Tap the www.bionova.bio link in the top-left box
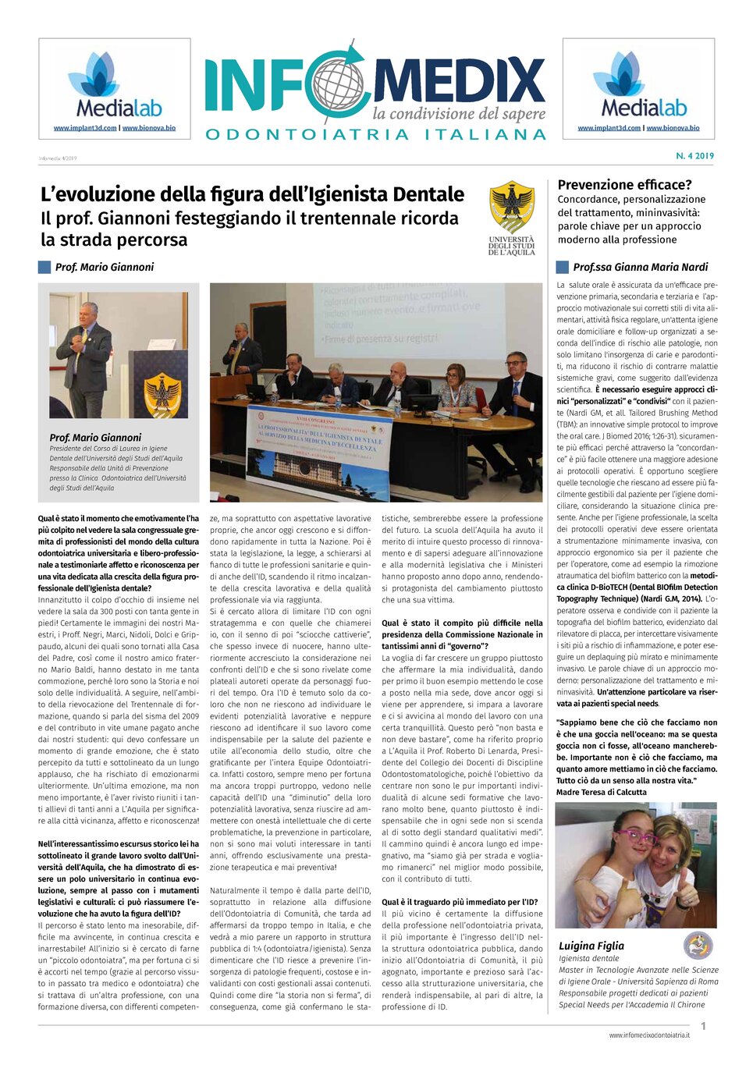[149, 128]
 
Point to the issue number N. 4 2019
[694, 156]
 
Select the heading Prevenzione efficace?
[624, 185]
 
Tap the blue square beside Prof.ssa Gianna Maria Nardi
[562, 267]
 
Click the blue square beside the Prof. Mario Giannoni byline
[44, 267]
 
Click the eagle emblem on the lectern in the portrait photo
[162, 395]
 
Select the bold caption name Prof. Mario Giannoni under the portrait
[95, 438]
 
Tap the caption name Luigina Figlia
[591, 946]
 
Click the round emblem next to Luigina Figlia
[698, 946]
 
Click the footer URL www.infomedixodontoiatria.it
[649, 1035]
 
